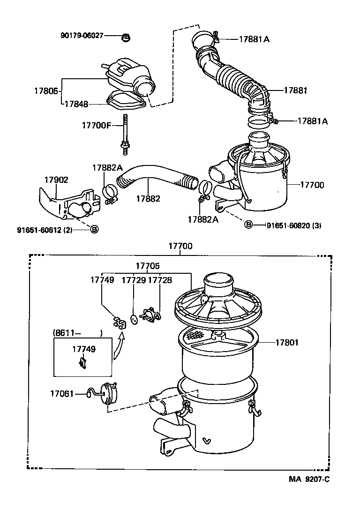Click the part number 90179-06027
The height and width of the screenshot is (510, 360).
click(x=82, y=36)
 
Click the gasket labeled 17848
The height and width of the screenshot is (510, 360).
click(x=124, y=101)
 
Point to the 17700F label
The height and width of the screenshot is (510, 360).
click(x=96, y=125)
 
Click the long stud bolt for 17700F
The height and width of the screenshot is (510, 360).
click(x=126, y=134)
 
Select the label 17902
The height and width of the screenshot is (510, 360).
click(x=56, y=180)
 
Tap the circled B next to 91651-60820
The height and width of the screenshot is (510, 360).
click(x=248, y=225)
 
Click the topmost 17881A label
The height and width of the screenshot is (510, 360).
click(x=254, y=40)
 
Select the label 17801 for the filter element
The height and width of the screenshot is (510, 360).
click(x=286, y=343)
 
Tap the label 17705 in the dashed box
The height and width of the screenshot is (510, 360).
click(x=148, y=266)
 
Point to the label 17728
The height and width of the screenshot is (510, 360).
click(x=160, y=280)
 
